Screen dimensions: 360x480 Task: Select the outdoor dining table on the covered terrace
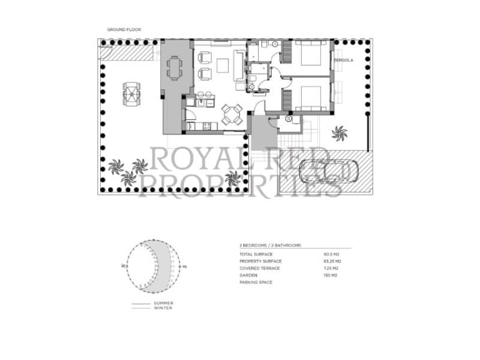[x=175, y=67]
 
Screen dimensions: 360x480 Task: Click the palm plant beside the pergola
[x=340, y=132]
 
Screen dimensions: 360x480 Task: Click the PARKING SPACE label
[x=255, y=281]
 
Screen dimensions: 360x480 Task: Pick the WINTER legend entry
[x=162, y=308]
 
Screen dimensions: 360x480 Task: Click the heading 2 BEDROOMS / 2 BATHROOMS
[x=269, y=245]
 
